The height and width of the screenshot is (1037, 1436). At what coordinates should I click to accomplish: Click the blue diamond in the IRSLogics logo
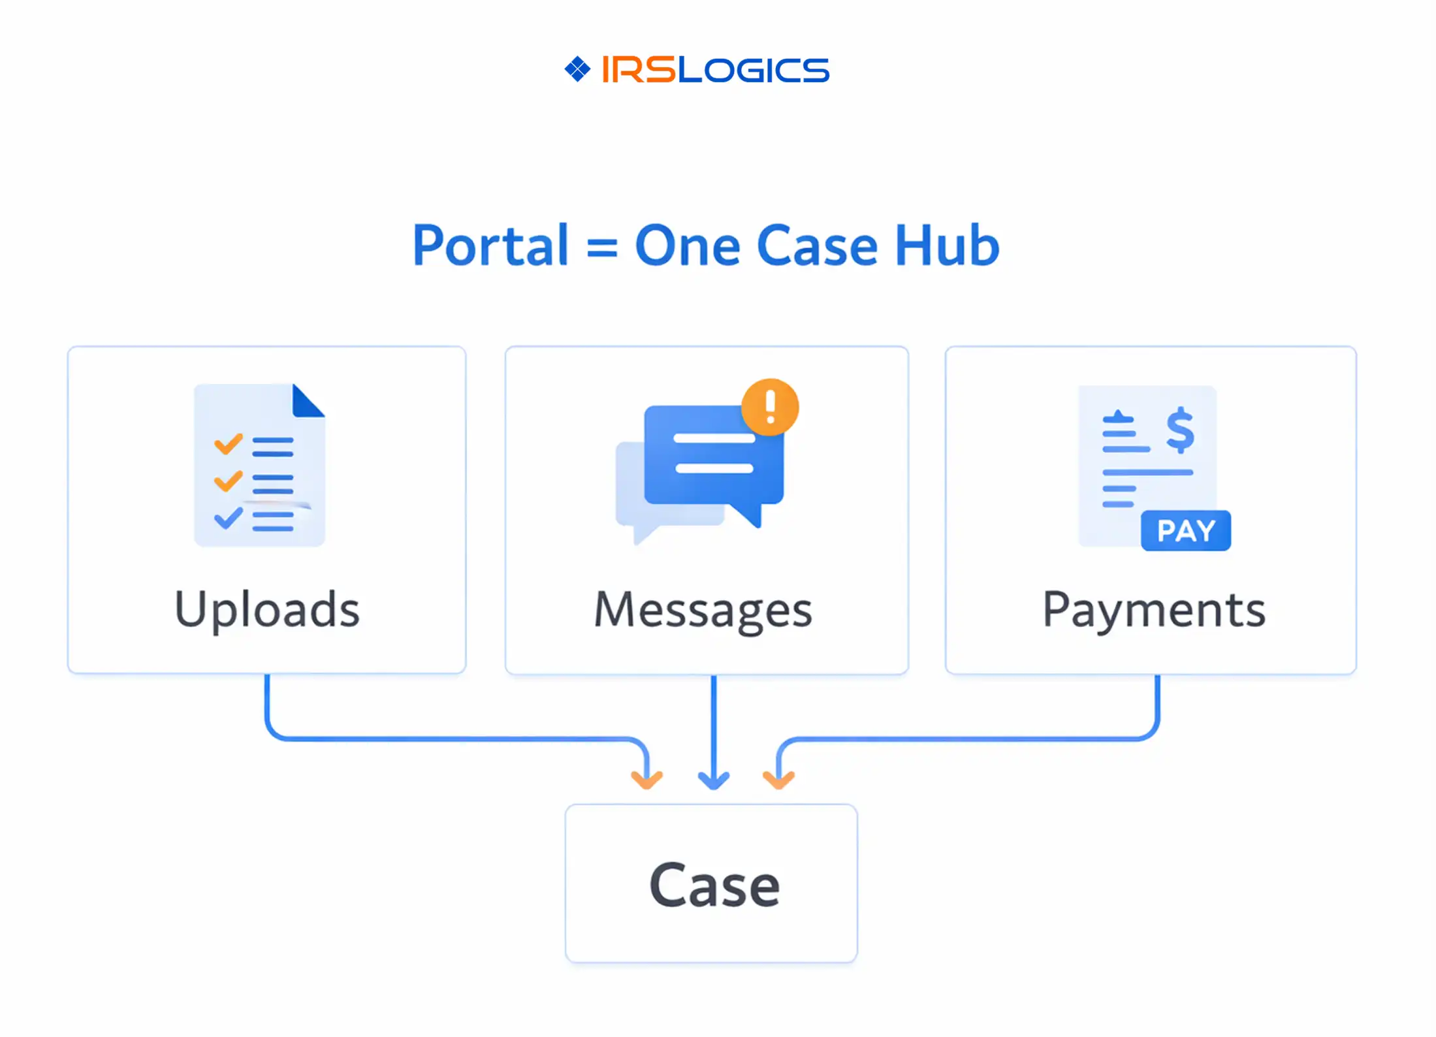tap(577, 69)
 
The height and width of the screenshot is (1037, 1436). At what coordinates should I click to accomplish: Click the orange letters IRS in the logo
tap(638, 69)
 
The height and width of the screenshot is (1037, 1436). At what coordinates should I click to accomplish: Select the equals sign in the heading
tap(601, 248)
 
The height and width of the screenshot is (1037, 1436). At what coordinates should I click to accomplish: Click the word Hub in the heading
tap(947, 246)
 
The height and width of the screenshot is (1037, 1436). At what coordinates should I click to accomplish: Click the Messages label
tap(703, 610)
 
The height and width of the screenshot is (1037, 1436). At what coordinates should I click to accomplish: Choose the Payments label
tap(1153, 610)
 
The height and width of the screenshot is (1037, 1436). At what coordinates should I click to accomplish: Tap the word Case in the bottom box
tap(714, 885)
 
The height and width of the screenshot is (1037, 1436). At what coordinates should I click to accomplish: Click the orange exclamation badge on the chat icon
tap(770, 407)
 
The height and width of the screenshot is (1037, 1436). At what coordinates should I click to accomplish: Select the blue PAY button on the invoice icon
tap(1186, 531)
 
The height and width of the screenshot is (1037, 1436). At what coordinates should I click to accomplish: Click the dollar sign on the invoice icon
tap(1180, 430)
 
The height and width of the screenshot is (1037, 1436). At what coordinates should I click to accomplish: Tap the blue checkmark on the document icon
tap(229, 518)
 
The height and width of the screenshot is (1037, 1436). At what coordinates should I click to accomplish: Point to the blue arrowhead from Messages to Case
tap(714, 780)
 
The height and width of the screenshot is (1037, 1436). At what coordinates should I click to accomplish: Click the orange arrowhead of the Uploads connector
tap(646, 780)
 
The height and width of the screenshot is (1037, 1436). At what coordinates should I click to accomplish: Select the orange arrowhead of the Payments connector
tap(778, 780)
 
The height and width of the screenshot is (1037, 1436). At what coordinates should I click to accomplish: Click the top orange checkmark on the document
tap(229, 444)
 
